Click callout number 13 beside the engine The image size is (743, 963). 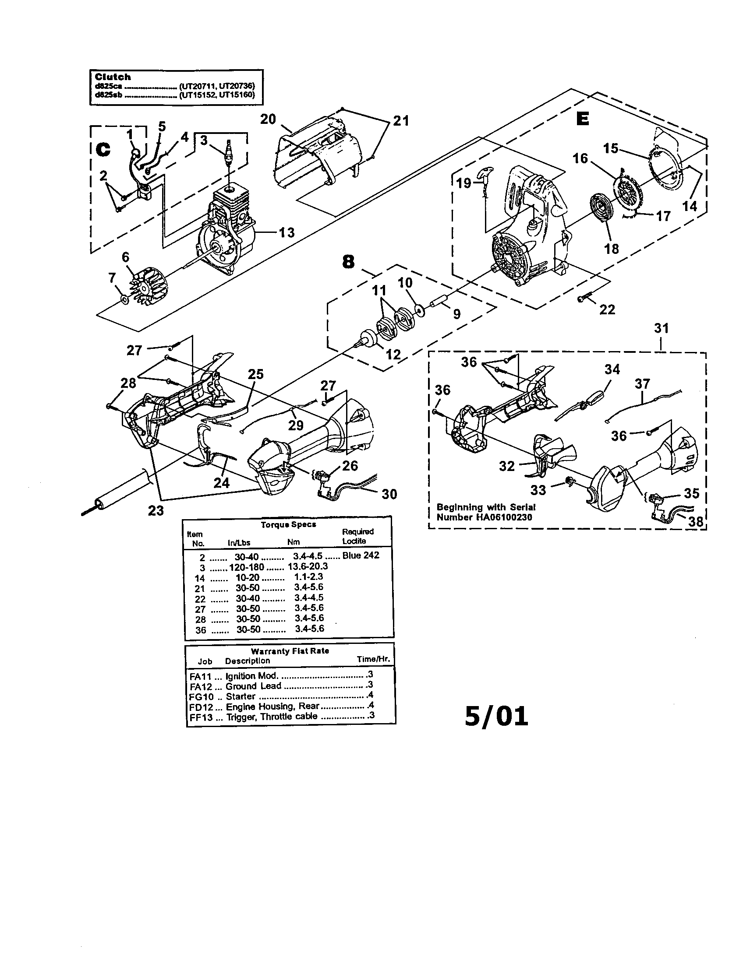point(287,232)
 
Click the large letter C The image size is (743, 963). point(103,150)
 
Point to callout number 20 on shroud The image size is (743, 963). point(268,119)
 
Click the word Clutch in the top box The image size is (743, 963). point(113,77)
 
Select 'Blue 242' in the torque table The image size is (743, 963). point(361,555)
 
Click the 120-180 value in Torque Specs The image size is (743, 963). point(246,567)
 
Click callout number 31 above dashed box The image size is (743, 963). point(661,328)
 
